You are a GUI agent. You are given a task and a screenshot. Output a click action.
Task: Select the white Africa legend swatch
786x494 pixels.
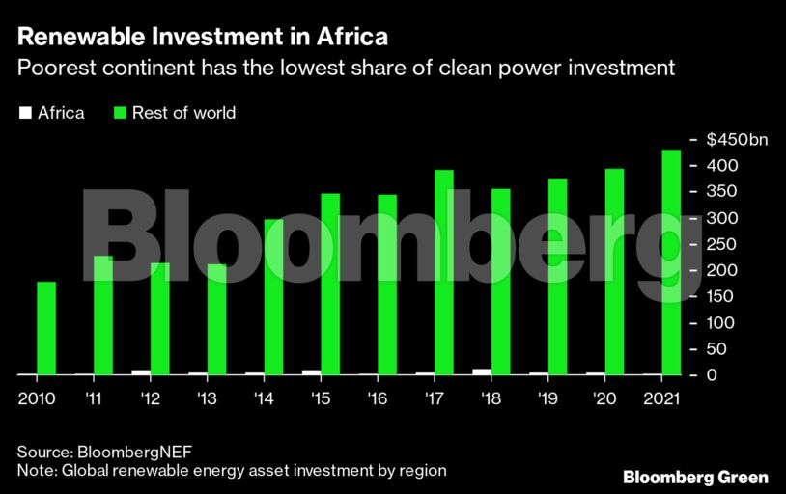coord(24,114)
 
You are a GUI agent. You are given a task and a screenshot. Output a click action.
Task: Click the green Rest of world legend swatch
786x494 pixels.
coord(121,114)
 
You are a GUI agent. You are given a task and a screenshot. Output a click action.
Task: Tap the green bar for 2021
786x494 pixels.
coord(670,261)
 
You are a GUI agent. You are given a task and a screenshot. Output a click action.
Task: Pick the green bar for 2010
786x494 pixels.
coord(46,328)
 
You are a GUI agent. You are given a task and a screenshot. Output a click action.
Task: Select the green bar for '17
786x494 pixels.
coord(444,272)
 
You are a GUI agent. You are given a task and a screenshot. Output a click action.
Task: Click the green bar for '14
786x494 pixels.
coord(274,296)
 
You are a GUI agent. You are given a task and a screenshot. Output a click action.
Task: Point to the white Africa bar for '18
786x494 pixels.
coord(482,371)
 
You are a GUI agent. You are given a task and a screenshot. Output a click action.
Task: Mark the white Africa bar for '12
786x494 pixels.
coord(141,371)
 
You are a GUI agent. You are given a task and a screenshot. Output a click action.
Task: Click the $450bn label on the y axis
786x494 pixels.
coord(737,141)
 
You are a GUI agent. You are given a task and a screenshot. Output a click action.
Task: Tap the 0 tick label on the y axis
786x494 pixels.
coord(711,375)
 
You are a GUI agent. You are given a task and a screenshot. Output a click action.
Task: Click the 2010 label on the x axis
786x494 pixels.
coord(37,398)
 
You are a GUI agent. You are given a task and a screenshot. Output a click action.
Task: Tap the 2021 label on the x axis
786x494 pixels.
coord(660,398)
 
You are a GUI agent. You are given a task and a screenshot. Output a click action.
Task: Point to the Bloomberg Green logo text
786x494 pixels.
coord(695,477)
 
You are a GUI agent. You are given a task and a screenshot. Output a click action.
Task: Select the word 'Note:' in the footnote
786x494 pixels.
coord(37,471)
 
